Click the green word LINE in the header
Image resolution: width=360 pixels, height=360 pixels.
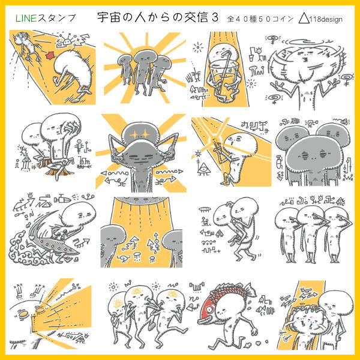click(26, 18)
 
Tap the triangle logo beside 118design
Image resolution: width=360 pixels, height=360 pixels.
click(304, 18)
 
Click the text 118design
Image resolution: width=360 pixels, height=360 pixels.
click(326, 19)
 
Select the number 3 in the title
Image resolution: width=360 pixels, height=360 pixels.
click(215, 17)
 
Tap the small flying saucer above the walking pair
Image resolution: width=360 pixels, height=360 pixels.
click(205, 209)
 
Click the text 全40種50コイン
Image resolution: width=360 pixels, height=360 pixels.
click(260, 19)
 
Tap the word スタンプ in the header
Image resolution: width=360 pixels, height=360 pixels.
click(56, 18)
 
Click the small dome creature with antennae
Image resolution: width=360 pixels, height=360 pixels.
click(67, 41)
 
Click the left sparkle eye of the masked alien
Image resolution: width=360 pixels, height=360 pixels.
click(134, 134)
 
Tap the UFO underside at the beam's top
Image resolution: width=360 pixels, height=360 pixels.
click(142, 200)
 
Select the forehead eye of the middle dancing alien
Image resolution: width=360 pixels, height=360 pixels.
click(138, 292)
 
